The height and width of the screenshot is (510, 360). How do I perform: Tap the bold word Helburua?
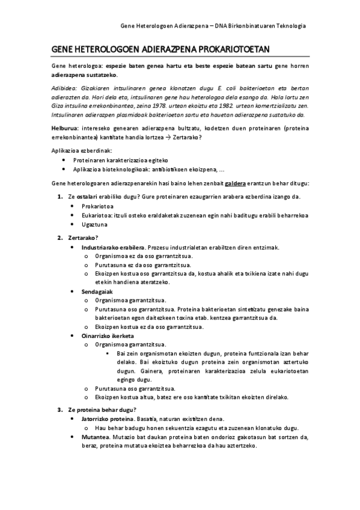pos(65,128)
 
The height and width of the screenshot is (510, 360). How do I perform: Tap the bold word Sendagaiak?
pos(98,291)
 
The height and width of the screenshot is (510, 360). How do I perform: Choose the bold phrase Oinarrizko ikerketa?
pos(107,335)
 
